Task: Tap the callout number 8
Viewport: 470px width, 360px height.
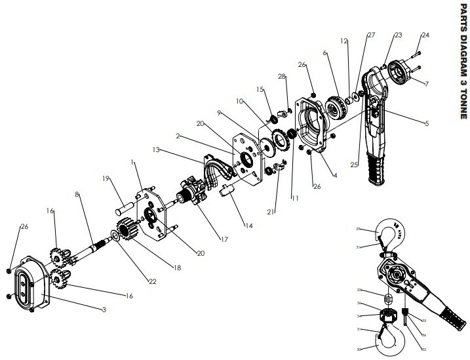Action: [x=78, y=194]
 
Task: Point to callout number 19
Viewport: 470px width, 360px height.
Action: [x=106, y=178]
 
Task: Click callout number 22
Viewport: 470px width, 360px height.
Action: [x=152, y=281]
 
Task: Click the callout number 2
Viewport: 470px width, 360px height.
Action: [x=178, y=137]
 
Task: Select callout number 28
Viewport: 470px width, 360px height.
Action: [x=282, y=77]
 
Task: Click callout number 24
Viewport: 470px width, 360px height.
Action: [x=425, y=34]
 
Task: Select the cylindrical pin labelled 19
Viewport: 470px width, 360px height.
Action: [x=125, y=201]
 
